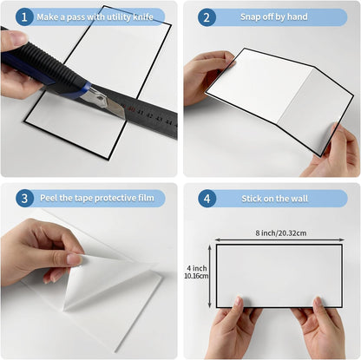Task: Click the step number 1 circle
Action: pyautogui.click(x=24, y=17)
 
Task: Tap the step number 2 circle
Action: pyautogui.click(x=207, y=17)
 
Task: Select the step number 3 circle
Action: pyautogui.click(x=24, y=198)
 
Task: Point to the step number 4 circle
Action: pyautogui.click(x=207, y=199)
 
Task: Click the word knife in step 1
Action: pyautogui.click(x=143, y=17)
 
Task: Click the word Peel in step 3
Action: pyautogui.click(x=49, y=198)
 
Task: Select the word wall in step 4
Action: pyautogui.click(x=299, y=199)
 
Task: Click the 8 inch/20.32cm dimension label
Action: pyautogui.click(x=281, y=233)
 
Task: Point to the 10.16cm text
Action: pyautogui.click(x=196, y=276)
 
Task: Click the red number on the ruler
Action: pyautogui.click(x=132, y=109)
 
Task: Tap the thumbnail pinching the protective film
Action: pyautogui.click(x=74, y=259)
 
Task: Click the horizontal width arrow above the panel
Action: pyautogui.click(x=279, y=239)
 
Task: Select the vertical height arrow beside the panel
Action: pyautogui.click(x=210, y=276)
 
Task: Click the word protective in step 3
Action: pyautogui.click(x=115, y=198)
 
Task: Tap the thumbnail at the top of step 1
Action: pyautogui.click(x=19, y=38)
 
